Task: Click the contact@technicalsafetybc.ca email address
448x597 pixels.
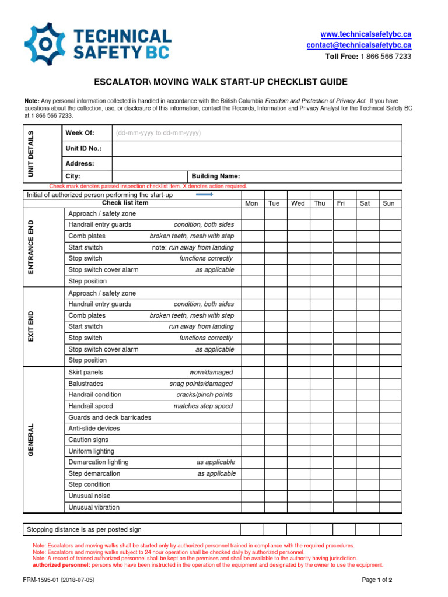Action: [x=359, y=45]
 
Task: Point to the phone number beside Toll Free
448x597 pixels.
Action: [x=385, y=57]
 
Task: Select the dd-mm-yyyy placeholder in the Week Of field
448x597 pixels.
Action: [x=158, y=133]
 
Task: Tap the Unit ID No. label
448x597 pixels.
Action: [x=84, y=149]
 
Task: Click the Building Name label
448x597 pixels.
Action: [x=215, y=177]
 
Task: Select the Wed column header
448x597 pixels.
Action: [x=297, y=203]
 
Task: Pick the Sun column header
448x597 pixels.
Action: [x=389, y=203]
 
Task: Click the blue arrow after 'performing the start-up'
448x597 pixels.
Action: [x=204, y=195]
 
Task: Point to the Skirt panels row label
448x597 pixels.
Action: [x=86, y=372]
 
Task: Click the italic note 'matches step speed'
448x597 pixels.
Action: [x=203, y=406]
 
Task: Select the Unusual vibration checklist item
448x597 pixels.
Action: [x=94, y=507]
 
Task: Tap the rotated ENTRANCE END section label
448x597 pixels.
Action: [x=31, y=247]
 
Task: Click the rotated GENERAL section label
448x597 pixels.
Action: [x=31, y=440]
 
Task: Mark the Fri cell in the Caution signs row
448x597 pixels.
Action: [x=344, y=440]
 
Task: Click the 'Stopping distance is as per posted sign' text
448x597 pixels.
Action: [x=85, y=530]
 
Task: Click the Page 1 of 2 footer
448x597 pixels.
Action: [x=377, y=580]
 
